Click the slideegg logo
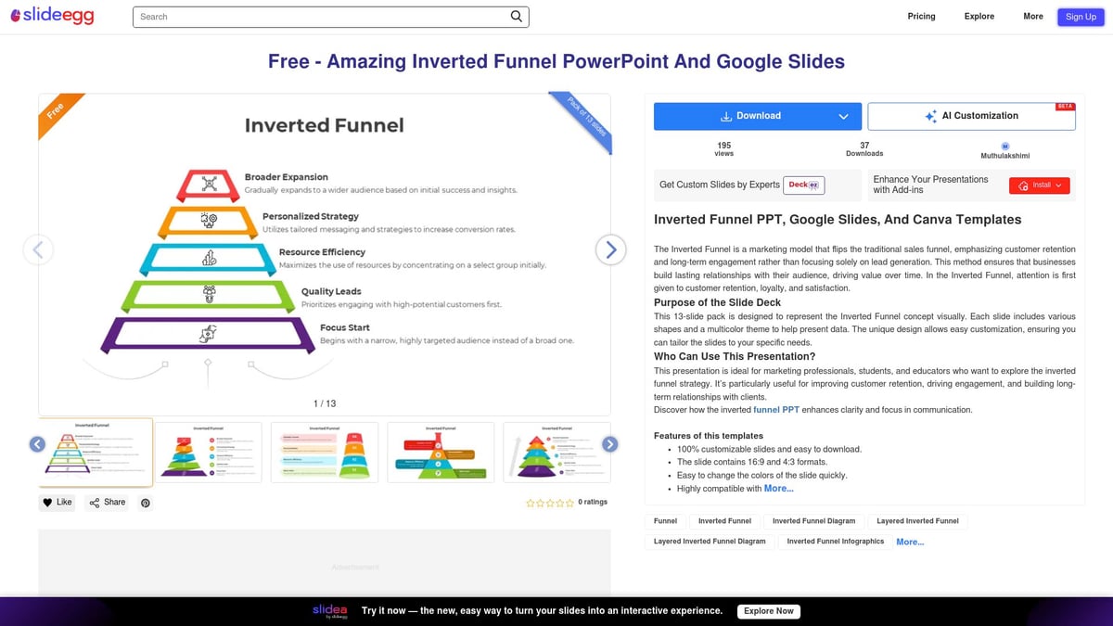click(x=52, y=16)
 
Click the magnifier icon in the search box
click(x=517, y=16)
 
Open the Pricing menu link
click(x=921, y=16)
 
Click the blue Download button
click(x=757, y=116)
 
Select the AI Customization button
click(x=971, y=116)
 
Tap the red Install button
click(x=1040, y=185)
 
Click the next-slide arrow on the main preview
click(x=610, y=249)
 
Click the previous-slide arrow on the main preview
click(x=38, y=249)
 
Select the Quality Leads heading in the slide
click(x=331, y=291)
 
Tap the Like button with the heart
click(x=57, y=502)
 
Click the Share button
click(x=107, y=502)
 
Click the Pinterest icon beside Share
click(x=145, y=503)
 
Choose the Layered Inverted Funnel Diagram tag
click(x=710, y=542)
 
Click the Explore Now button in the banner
click(x=769, y=611)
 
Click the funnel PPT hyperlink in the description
click(x=775, y=410)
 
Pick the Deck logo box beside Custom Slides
click(x=803, y=185)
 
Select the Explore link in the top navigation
click(x=979, y=16)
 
